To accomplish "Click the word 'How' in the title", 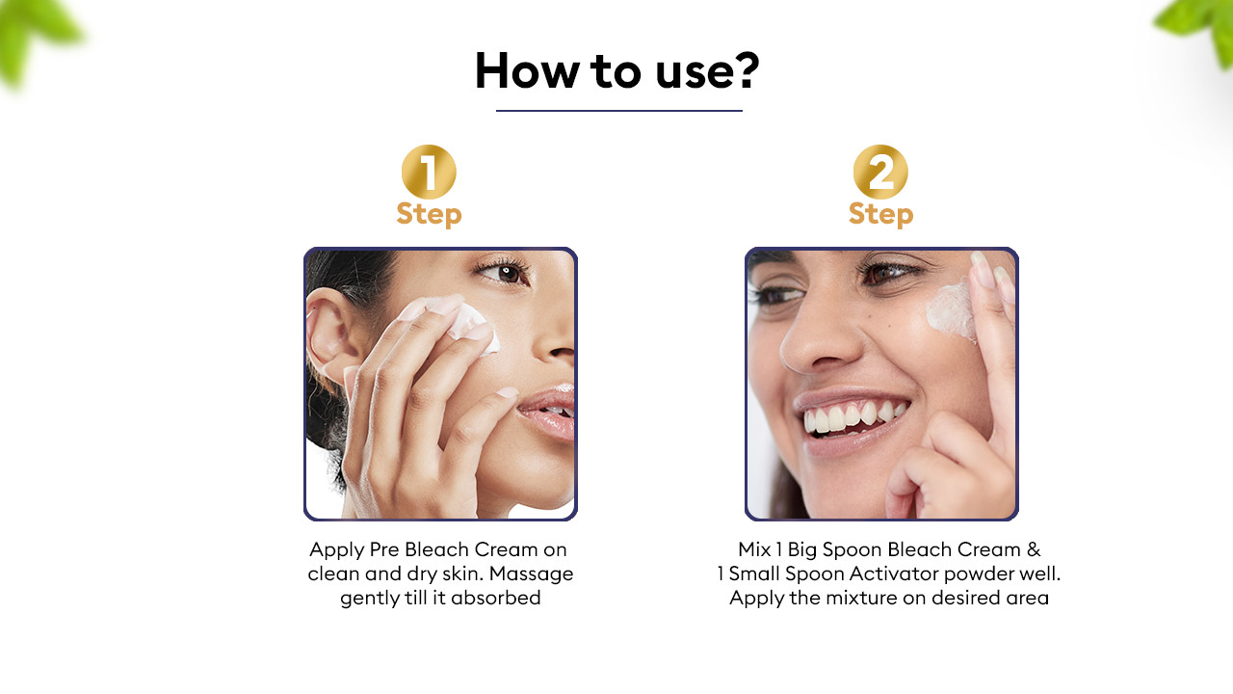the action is (527, 70).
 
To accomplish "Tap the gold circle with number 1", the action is (429, 172).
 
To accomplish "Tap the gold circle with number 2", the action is (880, 172).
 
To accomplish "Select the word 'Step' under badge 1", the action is (429, 214).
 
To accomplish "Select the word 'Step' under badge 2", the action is (880, 214).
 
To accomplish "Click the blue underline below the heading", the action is (619, 111).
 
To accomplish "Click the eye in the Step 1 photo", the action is (506, 273).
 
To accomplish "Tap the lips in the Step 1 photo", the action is (548, 414).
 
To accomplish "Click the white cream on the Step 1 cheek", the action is (473, 328).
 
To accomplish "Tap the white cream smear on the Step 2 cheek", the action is (951, 311).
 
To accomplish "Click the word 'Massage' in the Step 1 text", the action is (531, 574).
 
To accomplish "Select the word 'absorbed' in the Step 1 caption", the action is (495, 598).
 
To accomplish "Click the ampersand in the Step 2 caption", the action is (1034, 549).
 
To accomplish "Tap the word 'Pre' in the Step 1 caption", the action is (384, 549).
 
